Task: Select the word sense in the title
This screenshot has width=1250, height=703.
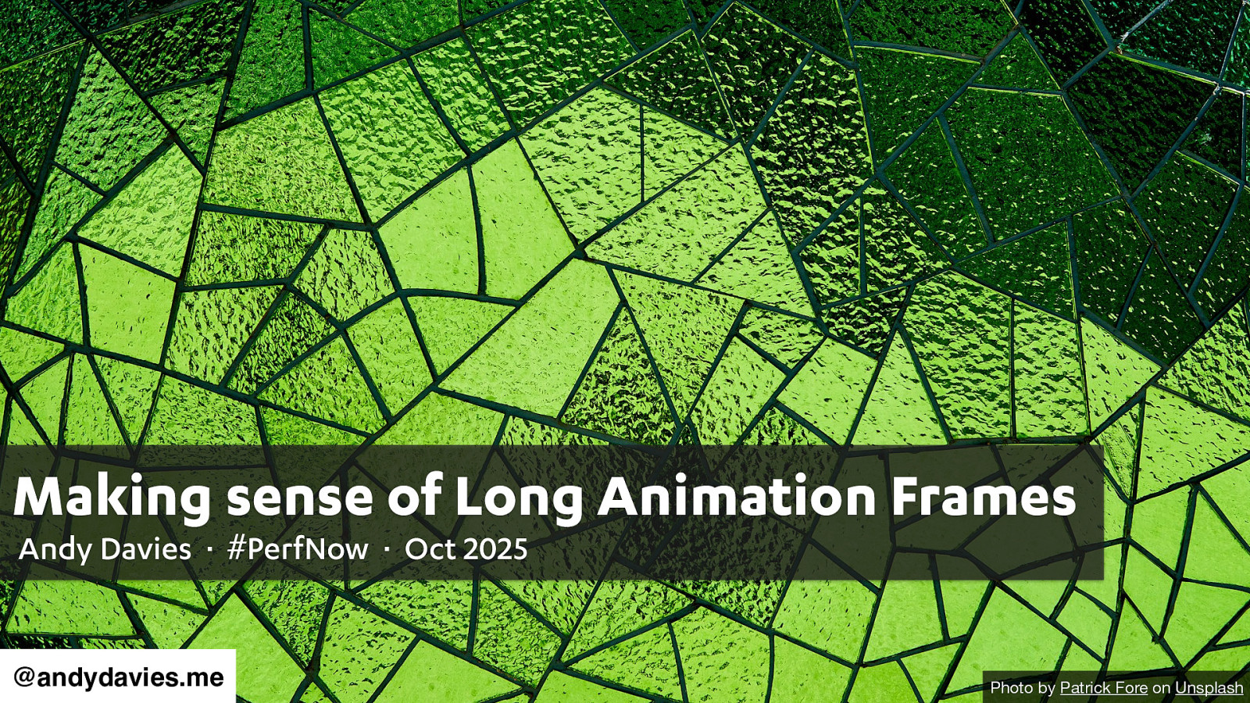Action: point(299,498)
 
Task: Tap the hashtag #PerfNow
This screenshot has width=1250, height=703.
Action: point(298,549)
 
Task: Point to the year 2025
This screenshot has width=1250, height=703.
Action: point(495,550)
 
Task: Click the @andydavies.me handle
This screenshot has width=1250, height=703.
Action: point(118,677)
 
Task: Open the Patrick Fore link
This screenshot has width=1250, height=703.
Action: point(1103,687)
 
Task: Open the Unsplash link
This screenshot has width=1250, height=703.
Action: point(1209,688)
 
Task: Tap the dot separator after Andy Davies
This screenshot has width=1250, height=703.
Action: point(209,550)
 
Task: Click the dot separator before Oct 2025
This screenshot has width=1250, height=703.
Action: point(387,550)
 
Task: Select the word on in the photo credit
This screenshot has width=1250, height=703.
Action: point(1161,689)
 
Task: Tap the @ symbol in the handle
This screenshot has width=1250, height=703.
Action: point(24,678)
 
